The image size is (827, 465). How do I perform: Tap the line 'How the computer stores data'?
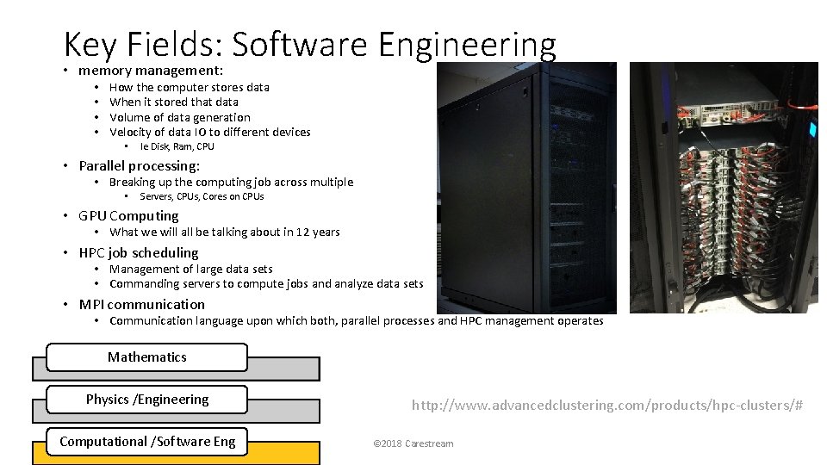(x=190, y=87)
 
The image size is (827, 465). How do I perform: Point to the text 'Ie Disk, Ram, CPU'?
(x=177, y=146)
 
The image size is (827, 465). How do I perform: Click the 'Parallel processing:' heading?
(x=139, y=165)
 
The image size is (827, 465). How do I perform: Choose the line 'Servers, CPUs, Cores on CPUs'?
(x=202, y=196)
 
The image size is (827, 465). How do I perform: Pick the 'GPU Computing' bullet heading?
(x=128, y=215)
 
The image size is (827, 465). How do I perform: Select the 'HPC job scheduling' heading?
(x=138, y=252)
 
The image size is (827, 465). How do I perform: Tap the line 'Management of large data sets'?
(x=190, y=269)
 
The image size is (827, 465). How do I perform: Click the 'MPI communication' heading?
(x=141, y=304)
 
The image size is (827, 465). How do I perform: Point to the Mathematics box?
(x=146, y=356)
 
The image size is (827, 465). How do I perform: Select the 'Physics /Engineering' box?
(x=146, y=400)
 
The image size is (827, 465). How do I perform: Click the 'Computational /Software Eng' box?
(x=146, y=442)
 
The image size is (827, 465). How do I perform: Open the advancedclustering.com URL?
(x=607, y=405)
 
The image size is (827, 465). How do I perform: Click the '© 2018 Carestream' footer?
(x=413, y=443)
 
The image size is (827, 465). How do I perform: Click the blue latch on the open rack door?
(x=812, y=129)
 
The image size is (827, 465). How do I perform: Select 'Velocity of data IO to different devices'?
(x=210, y=132)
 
